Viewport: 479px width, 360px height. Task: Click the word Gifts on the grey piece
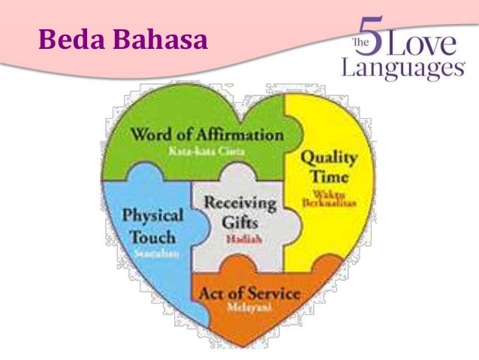[239, 222]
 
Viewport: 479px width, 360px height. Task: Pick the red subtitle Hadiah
[239, 239]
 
